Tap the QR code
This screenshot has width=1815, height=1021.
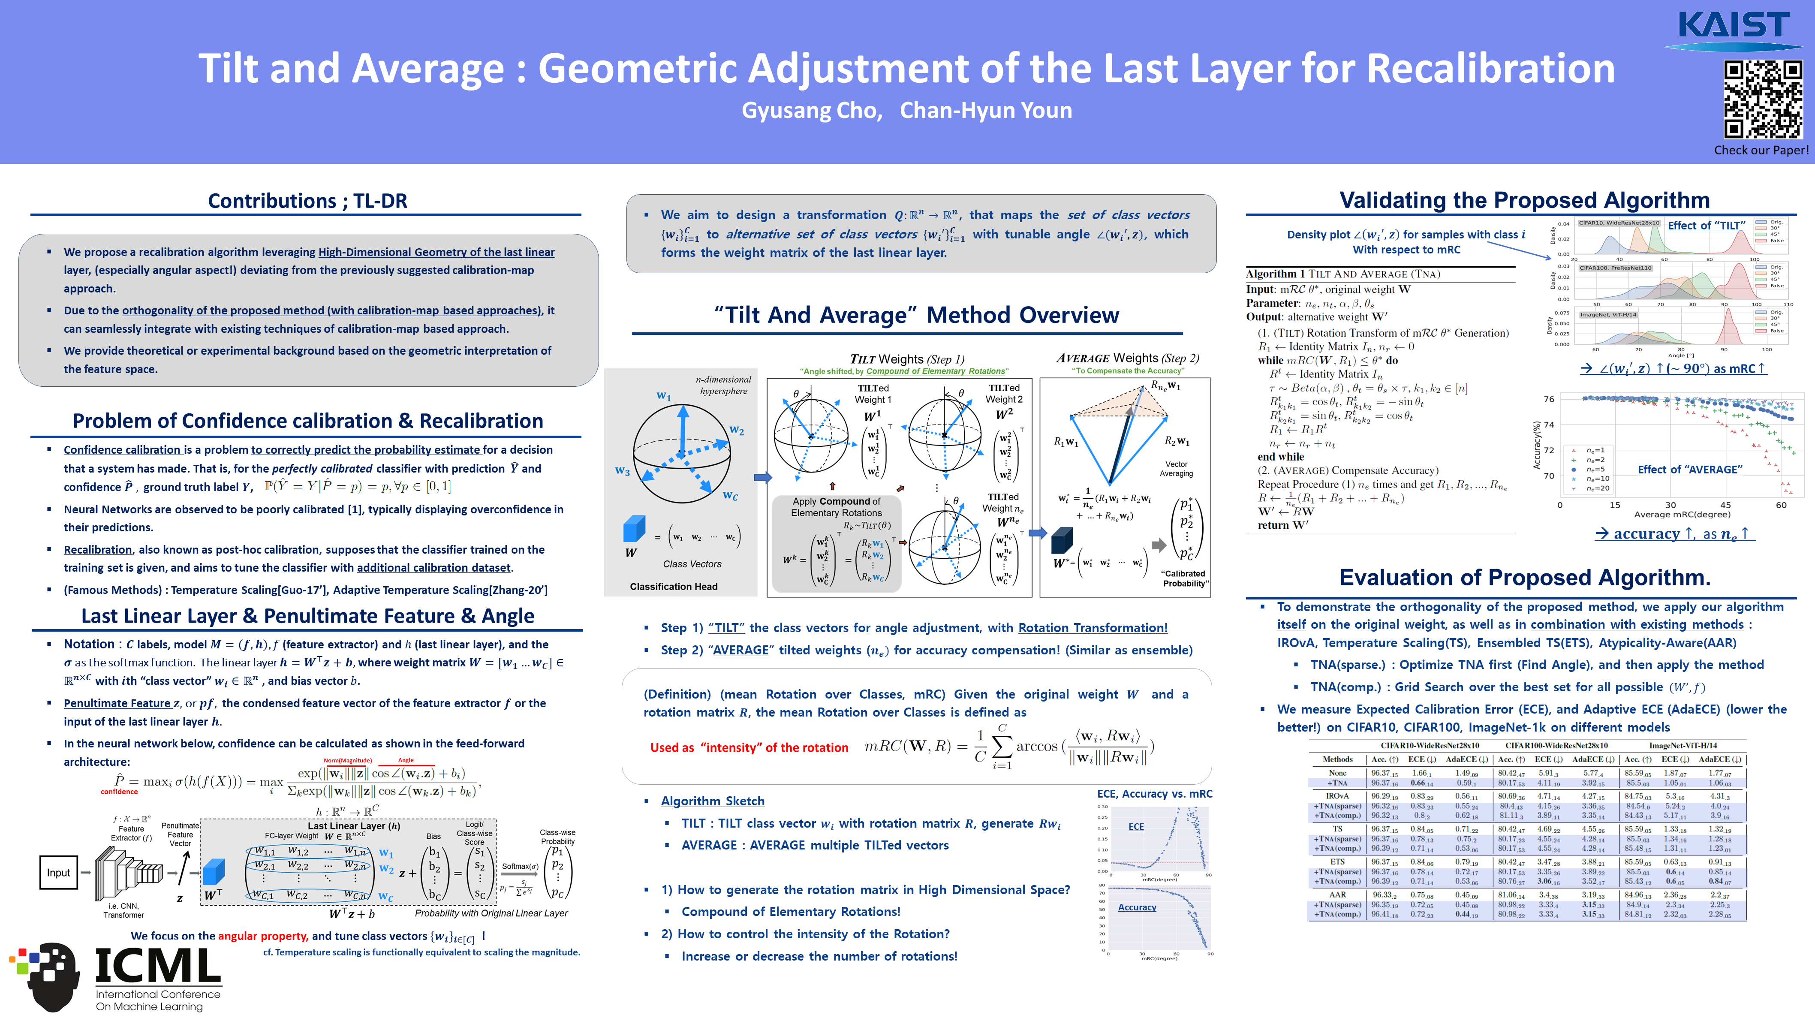tap(1762, 99)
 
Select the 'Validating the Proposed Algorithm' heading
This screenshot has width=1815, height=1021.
tap(1524, 200)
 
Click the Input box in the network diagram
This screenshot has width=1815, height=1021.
tap(58, 872)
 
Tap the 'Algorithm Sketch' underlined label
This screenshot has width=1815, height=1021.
tap(712, 801)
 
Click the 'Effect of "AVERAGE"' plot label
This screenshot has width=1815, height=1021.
tap(1690, 469)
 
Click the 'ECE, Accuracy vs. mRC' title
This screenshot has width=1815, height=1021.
tap(1154, 793)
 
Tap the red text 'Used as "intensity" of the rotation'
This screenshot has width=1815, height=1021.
tap(749, 747)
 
